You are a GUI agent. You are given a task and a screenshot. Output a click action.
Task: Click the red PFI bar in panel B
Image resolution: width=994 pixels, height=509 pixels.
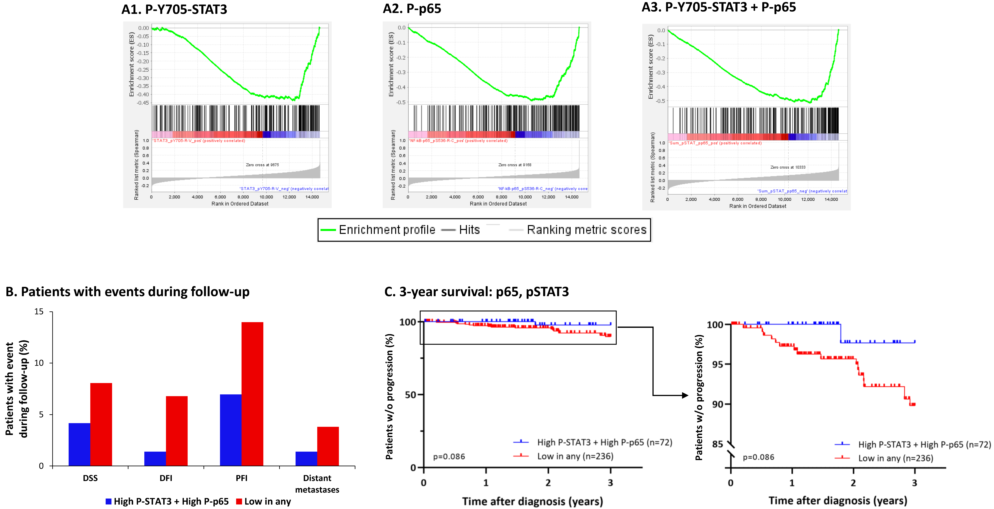point(252,394)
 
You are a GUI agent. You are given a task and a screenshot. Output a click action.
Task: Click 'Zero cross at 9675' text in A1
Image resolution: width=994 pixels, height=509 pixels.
point(262,165)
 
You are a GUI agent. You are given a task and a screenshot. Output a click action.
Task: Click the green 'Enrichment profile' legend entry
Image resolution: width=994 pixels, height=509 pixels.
point(378,230)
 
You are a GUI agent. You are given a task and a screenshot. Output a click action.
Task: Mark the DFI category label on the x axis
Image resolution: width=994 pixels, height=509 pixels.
point(166,478)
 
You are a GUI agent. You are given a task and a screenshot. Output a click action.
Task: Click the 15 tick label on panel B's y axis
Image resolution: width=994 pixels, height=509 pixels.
point(39,312)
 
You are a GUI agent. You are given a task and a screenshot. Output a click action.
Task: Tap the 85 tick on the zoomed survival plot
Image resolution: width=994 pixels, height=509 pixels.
point(717,444)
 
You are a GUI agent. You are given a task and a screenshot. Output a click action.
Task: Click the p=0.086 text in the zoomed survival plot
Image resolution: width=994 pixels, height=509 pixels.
point(758,457)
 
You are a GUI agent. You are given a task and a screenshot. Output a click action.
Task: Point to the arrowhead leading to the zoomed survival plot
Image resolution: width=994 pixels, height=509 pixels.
point(685,395)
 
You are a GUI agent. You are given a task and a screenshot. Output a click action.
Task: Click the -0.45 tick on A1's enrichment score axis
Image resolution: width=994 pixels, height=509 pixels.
point(143,103)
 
